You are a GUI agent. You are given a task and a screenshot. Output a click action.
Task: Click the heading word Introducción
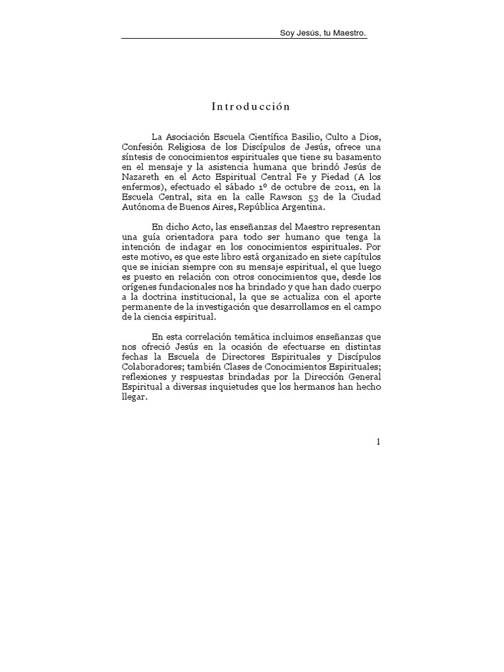pyautogui.click(x=251, y=106)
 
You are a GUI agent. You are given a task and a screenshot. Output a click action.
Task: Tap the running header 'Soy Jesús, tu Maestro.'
pyautogui.click(x=322, y=33)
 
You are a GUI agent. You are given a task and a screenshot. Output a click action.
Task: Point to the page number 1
pyautogui.click(x=379, y=442)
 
